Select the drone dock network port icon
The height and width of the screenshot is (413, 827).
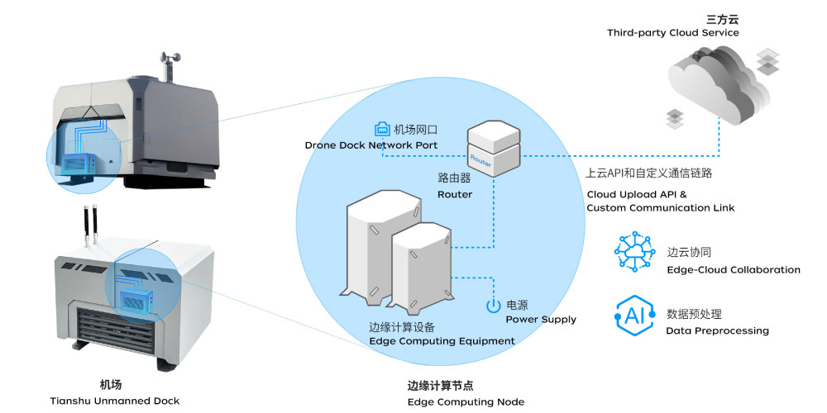tap(383, 130)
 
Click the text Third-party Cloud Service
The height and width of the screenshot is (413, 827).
tap(672, 33)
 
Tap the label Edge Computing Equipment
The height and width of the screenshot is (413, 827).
tap(442, 341)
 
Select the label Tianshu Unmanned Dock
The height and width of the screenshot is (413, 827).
tap(114, 401)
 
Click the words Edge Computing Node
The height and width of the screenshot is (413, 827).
tap(466, 401)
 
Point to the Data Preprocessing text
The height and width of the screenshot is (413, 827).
tap(717, 330)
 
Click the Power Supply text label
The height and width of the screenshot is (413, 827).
tap(541, 320)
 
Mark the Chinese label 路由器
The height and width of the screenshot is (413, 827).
tap(454, 178)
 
